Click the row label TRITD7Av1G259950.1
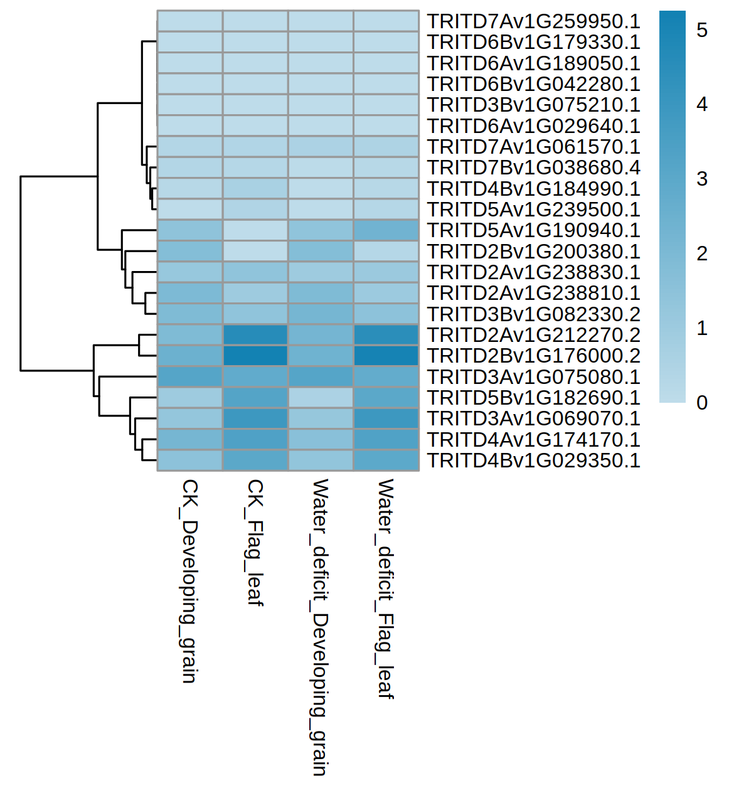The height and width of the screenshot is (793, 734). coord(533,21)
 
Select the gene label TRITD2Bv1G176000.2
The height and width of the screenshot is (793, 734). coord(533,356)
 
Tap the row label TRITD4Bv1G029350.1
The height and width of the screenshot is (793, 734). coord(533,460)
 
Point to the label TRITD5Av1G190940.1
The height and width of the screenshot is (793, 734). coord(533,230)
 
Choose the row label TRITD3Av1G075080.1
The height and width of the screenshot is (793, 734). coord(533,377)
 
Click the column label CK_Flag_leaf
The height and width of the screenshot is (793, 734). coord(255,543)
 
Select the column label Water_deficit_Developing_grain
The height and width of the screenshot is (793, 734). coord(320,627)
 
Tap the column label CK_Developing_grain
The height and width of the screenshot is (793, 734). coord(189,581)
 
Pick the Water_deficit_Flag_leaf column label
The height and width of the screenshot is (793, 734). coord(385,588)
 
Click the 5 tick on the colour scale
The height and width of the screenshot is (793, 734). coord(702,29)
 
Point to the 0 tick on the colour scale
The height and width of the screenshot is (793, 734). coord(702,402)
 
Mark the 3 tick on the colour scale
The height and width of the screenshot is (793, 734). coord(702,179)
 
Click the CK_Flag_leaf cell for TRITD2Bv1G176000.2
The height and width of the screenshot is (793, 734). coord(255,356)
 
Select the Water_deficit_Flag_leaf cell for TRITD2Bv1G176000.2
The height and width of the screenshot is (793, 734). coord(386,356)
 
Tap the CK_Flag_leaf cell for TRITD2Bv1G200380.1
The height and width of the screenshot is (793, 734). coord(255,252)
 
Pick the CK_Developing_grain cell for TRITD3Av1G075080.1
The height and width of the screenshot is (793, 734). coord(190,377)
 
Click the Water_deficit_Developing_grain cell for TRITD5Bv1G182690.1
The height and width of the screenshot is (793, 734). coord(321,398)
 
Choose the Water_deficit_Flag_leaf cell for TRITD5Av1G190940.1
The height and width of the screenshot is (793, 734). coord(386,230)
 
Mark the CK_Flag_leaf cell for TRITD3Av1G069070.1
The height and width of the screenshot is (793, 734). coord(255,418)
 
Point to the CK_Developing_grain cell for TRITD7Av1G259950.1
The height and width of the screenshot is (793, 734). coord(190,21)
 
